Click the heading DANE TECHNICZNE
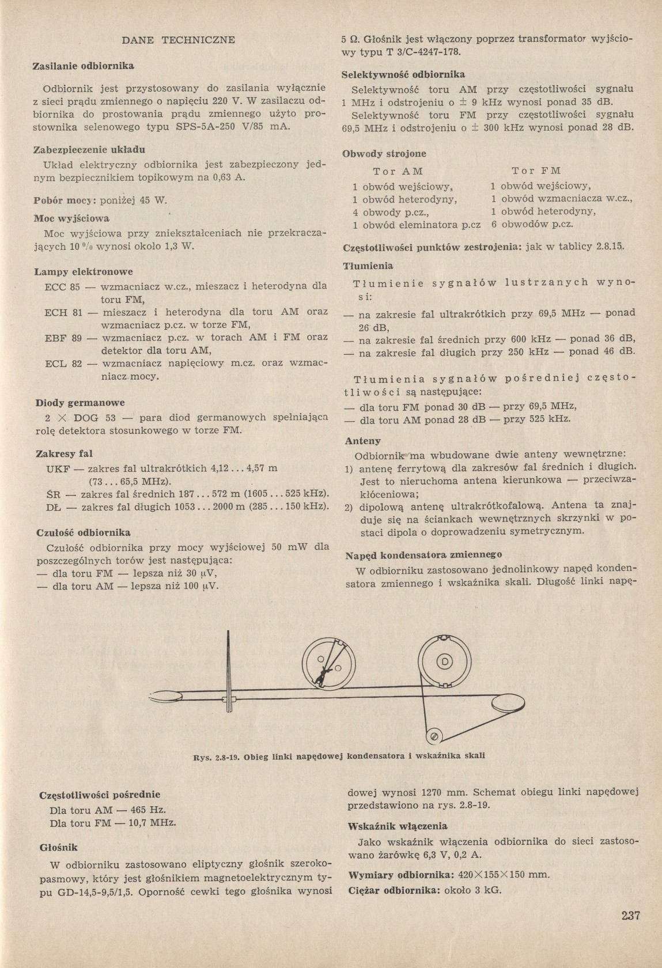pos(178,40)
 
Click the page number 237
pos(631,915)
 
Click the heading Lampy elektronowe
pos(84,271)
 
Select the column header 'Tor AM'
pos(398,172)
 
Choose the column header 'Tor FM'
pos(536,171)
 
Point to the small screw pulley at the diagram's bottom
pos(434,737)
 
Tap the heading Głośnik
pos(58,848)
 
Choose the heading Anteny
pos(362,441)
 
